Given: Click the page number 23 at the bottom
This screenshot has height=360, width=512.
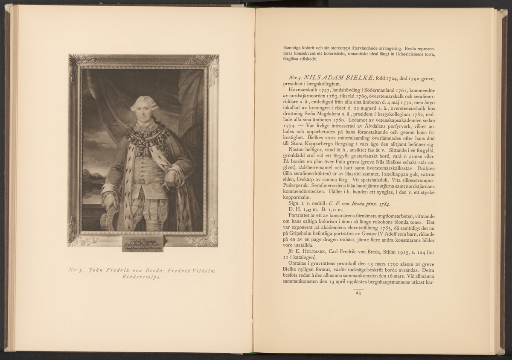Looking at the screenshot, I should point(358,293).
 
